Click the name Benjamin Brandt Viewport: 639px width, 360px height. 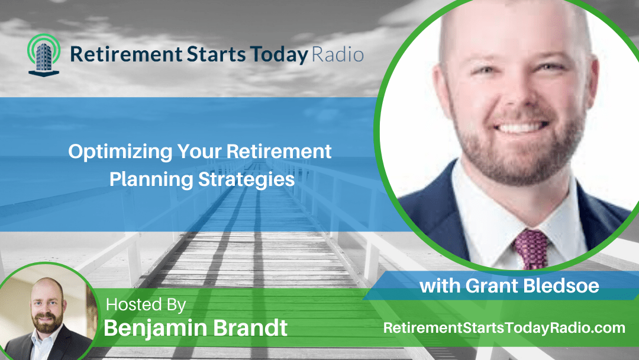(x=196, y=327)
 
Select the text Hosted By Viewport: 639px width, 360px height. (x=146, y=305)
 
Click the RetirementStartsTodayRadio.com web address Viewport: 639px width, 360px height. (x=504, y=327)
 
